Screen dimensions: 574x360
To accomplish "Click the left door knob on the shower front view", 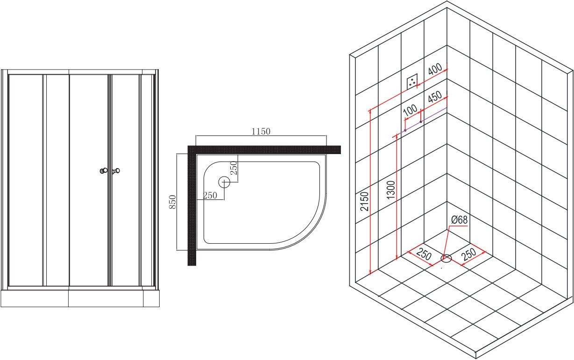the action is (x=104, y=170).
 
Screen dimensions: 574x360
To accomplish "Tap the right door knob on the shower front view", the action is (x=116, y=170).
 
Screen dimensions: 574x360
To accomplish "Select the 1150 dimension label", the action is (x=261, y=132).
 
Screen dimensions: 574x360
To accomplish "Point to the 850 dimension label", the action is (x=173, y=202).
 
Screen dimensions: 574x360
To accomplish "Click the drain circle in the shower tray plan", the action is (x=224, y=182).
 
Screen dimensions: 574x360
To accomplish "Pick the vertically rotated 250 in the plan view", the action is (x=234, y=168).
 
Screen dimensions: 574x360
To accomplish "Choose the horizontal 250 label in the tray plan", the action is (x=210, y=196).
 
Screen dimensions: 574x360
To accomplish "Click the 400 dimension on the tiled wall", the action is (x=435, y=69).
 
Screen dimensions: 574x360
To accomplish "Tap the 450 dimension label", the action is (x=435, y=96).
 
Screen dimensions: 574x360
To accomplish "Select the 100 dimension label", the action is (x=410, y=110).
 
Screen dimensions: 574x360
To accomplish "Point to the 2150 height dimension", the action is (x=364, y=201).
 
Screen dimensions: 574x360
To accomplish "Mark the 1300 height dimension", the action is (x=391, y=190).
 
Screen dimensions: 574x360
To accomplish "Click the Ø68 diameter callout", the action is (x=459, y=220).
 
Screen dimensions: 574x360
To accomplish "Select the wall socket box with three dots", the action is (x=412, y=82).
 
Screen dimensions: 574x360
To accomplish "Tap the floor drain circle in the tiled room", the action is (x=446, y=258).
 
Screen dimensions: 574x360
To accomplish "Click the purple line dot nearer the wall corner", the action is (x=421, y=122).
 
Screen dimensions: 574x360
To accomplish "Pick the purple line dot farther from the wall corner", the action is (x=405, y=130).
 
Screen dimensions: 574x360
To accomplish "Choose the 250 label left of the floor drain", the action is (x=424, y=254).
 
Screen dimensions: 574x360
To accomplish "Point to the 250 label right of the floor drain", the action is (x=469, y=254).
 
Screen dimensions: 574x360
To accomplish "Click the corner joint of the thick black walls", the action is (x=192, y=150).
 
